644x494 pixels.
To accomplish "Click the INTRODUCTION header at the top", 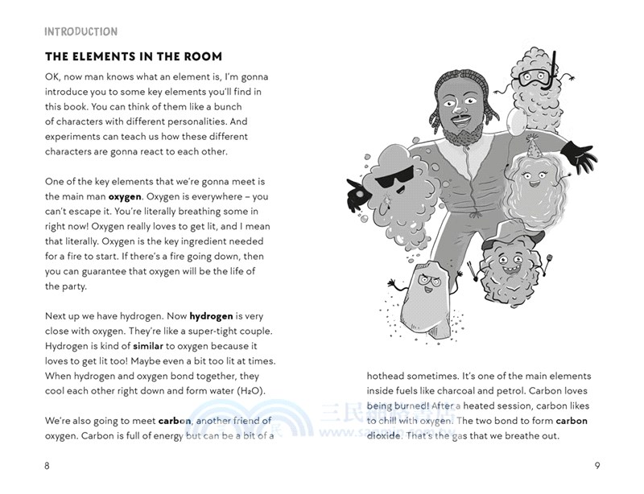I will (x=80, y=31).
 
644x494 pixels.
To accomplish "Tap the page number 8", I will (x=47, y=465).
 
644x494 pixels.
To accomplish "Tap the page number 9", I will (x=597, y=465).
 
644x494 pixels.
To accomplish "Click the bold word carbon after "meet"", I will (x=174, y=421).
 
